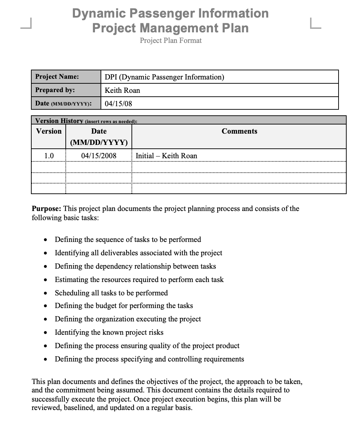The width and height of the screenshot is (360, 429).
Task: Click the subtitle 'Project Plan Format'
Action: (x=171, y=40)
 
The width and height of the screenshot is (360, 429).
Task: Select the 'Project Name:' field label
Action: (x=57, y=77)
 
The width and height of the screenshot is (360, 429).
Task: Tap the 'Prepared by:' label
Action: (x=55, y=90)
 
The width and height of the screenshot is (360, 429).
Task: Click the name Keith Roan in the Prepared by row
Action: (x=122, y=90)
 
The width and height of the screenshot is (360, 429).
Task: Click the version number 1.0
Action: (x=49, y=155)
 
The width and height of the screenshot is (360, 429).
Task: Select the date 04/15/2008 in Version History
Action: (x=99, y=155)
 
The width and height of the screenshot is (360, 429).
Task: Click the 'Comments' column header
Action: (x=239, y=131)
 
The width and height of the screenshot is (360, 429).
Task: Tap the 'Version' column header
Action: (x=49, y=131)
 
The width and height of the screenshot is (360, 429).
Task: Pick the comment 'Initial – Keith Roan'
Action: (x=166, y=155)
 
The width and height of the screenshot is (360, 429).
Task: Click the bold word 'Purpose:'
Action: (x=46, y=209)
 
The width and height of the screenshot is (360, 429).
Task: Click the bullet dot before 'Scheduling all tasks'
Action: (x=45, y=293)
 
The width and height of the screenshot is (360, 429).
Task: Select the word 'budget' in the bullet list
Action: (x=106, y=306)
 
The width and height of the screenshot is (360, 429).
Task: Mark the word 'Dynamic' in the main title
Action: (x=99, y=13)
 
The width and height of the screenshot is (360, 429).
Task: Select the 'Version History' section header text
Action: (x=59, y=121)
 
